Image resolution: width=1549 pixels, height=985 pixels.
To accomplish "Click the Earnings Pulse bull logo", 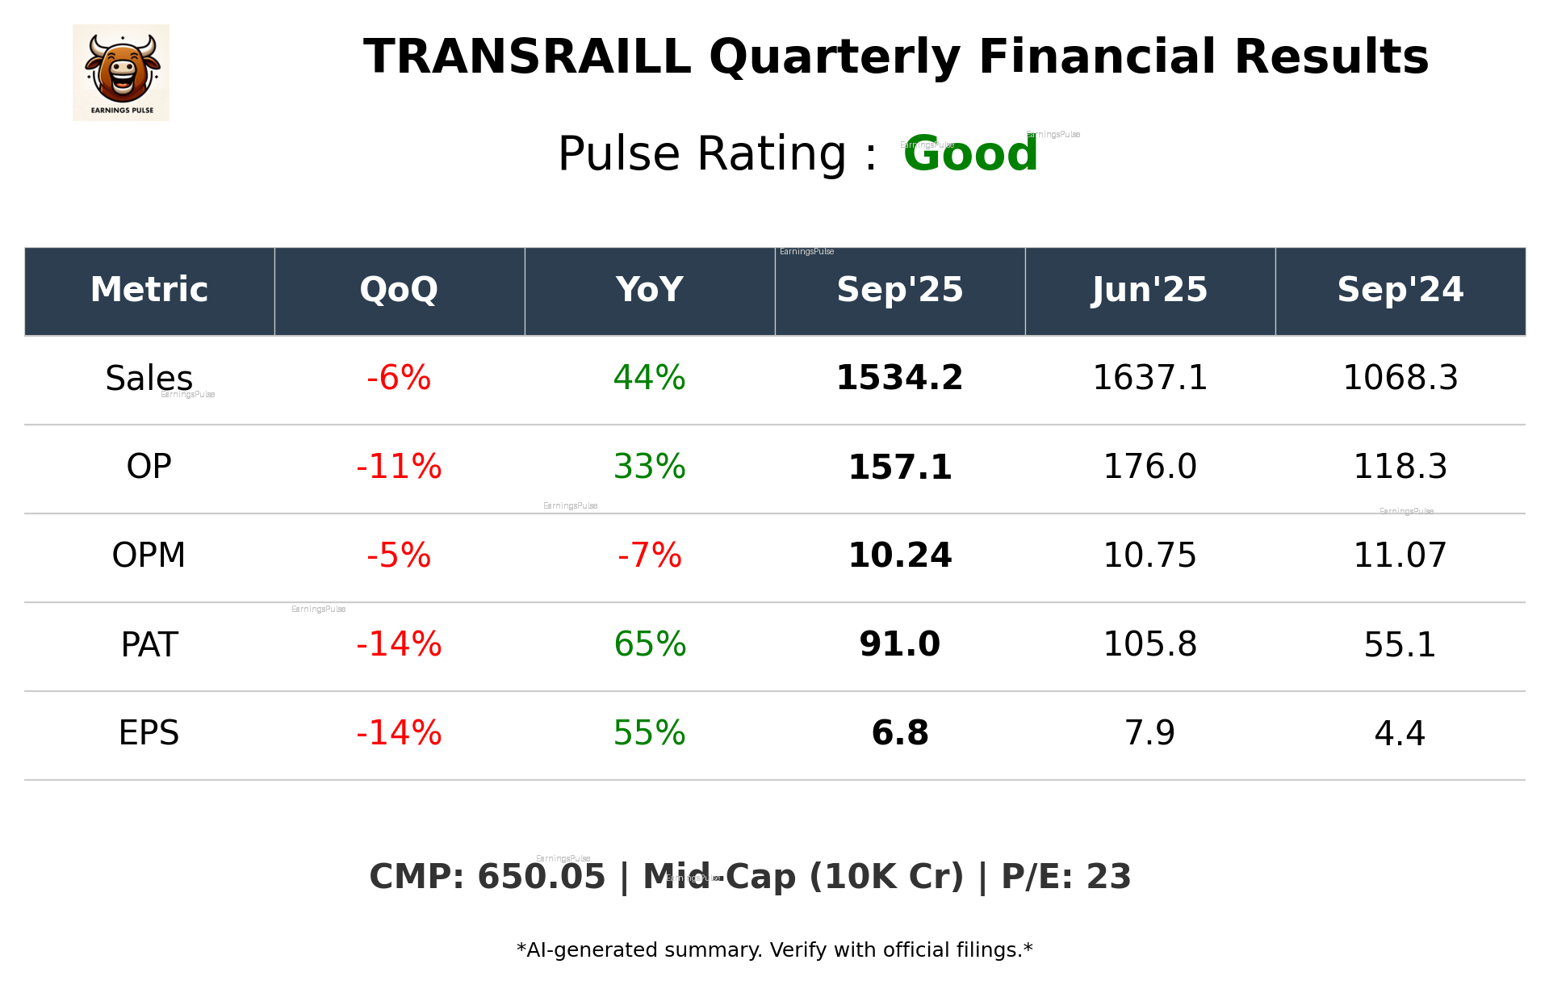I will [x=121, y=73].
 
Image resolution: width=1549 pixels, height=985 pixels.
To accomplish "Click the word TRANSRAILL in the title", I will [x=527, y=57].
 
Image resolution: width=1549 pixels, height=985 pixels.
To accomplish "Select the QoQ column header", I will [x=399, y=290].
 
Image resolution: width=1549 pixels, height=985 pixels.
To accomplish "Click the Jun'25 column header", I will [x=1149, y=290].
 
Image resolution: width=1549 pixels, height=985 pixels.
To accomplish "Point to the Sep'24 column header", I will [x=1400, y=290].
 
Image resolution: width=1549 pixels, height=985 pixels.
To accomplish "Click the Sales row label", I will [x=149, y=379].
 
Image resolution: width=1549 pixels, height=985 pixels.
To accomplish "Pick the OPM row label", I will [x=149, y=555].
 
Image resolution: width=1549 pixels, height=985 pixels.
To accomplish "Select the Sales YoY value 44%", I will [x=649, y=378].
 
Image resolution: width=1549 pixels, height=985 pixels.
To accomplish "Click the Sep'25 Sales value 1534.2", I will [x=899, y=378].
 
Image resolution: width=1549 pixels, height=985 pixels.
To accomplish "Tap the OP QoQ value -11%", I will [x=399, y=467].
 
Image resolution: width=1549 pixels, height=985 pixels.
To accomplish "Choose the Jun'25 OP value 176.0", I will [x=1149, y=467].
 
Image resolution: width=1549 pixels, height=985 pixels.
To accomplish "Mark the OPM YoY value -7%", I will [x=649, y=555].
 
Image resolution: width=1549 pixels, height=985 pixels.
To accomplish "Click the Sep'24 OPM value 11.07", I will [x=1400, y=555].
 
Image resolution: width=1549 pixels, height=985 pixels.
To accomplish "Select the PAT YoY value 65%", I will [x=649, y=644].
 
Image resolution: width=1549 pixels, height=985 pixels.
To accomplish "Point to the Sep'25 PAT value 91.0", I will [x=899, y=644].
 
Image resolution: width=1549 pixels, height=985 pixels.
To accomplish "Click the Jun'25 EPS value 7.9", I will [x=1149, y=733].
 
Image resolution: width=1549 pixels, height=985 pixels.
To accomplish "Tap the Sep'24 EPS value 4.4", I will [x=1400, y=733].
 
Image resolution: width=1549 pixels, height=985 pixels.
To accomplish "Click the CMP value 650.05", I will [x=541, y=877].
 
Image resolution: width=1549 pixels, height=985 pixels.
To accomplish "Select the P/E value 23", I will [x=1108, y=877].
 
